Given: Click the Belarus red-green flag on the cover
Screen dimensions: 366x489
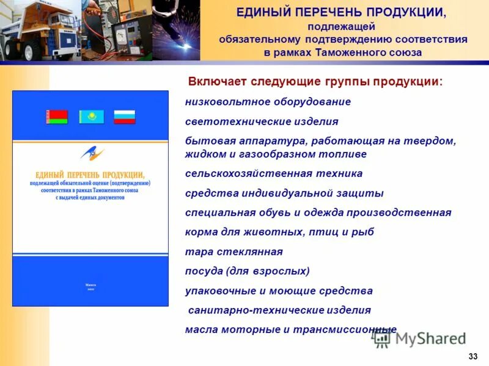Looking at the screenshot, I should (x=57, y=117).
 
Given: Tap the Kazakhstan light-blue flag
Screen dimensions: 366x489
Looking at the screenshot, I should (x=91, y=117).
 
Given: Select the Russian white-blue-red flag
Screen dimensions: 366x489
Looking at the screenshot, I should (x=125, y=117).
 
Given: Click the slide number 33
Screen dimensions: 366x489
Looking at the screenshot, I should (x=472, y=356).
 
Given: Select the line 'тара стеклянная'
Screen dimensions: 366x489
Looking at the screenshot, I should (x=233, y=251).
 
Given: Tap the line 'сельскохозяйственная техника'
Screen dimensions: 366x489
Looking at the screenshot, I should (x=273, y=173).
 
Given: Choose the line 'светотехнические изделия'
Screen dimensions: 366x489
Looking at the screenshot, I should (x=261, y=121).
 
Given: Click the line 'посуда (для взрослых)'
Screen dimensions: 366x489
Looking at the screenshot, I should (x=248, y=271).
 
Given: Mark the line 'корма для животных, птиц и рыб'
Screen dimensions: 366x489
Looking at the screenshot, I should (x=279, y=232).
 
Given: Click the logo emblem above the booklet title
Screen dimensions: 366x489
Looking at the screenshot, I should (x=92, y=154).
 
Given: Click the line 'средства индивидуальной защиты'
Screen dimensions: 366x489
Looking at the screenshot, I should (x=284, y=193).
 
